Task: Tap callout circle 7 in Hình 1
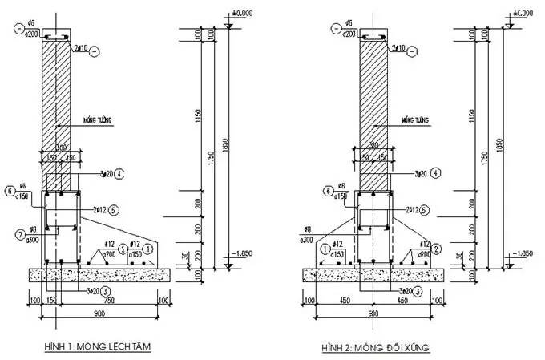coord(9,233)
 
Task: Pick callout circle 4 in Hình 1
coord(118,172)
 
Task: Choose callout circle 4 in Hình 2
coord(434,172)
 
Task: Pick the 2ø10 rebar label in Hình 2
coord(395,50)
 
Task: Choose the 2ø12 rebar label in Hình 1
coord(99,210)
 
